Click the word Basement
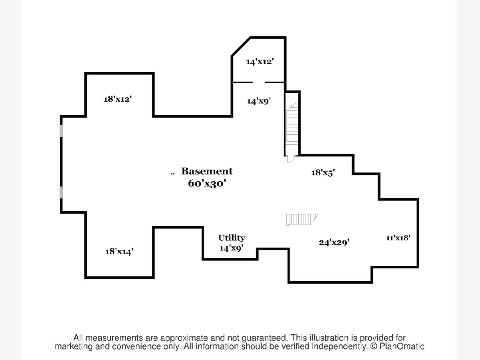click(x=207, y=172)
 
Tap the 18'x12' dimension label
click(x=118, y=99)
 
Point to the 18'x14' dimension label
click(x=119, y=251)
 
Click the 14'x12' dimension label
click(x=260, y=62)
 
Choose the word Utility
click(x=231, y=238)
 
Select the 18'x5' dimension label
click(x=323, y=173)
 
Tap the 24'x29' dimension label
click(x=332, y=242)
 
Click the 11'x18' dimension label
click(x=398, y=238)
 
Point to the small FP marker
click(x=172, y=174)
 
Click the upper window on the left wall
click(x=61, y=131)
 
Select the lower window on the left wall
click(x=61, y=192)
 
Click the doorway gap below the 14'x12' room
click(x=258, y=82)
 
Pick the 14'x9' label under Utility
click(x=231, y=248)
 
